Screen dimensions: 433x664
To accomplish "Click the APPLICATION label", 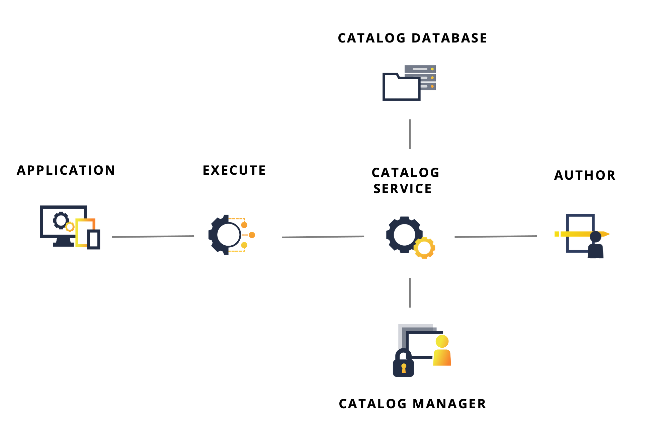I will (x=66, y=170).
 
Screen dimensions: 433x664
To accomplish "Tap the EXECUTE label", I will (x=234, y=170).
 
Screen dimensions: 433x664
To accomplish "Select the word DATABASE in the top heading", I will (x=449, y=38).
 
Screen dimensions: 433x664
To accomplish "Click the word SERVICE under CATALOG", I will (x=403, y=189).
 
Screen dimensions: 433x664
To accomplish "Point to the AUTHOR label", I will (x=585, y=175).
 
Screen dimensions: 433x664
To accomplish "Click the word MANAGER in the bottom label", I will (x=449, y=404).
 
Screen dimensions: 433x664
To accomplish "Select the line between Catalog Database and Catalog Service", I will (x=410, y=134).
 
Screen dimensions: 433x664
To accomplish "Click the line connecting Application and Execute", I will (x=153, y=237).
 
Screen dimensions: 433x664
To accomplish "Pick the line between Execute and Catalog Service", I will (x=323, y=237).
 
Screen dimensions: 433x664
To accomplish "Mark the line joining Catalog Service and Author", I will (x=495, y=237).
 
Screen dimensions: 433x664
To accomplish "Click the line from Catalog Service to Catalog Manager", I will (x=410, y=292).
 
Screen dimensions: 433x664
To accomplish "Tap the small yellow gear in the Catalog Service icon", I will (x=424, y=248).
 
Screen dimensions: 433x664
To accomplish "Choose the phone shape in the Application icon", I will (x=94, y=239).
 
